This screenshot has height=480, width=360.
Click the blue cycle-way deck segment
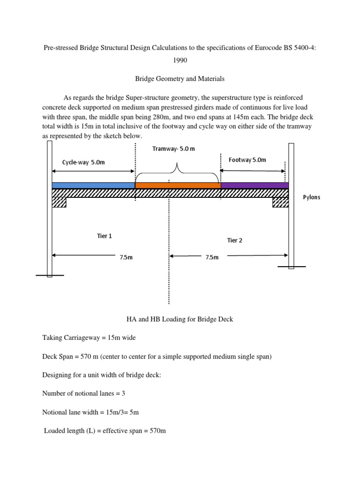tap(93, 185)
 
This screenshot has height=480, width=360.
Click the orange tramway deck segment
tap(178, 185)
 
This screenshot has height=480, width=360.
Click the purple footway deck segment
tap(254, 185)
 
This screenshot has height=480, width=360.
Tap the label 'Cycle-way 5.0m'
tap(83, 162)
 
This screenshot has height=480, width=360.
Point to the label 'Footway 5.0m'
tap(247, 160)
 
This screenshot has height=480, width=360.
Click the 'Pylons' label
tap(312, 197)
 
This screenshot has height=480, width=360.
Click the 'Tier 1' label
tap(104, 236)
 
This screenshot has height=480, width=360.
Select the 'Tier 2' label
tap(234, 240)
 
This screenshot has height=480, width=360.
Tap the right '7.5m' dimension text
tap(212, 257)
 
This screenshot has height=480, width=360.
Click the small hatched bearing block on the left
tap(59, 202)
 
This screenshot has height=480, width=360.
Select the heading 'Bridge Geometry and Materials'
tap(180, 79)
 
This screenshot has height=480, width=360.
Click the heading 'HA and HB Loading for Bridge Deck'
tap(180, 320)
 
